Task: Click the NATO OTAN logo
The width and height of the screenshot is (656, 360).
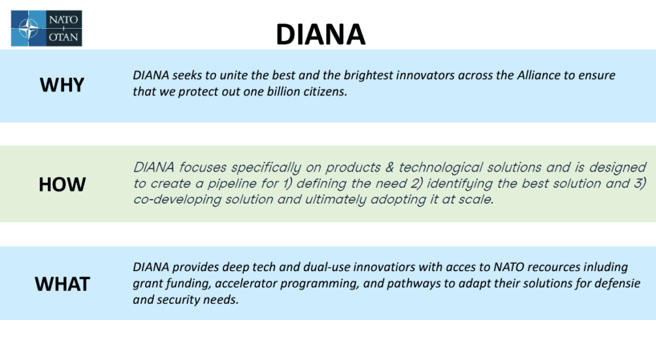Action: click(46, 28)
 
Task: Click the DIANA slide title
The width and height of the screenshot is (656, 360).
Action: click(320, 34)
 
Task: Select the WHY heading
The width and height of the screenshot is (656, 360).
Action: click(62, 85)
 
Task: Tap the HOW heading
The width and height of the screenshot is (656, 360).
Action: click(62, 184)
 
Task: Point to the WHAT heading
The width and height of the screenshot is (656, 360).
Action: click(62, 284)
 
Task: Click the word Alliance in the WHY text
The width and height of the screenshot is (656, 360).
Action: click(538, 75)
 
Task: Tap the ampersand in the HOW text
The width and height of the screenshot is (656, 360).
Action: click(389, 167)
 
